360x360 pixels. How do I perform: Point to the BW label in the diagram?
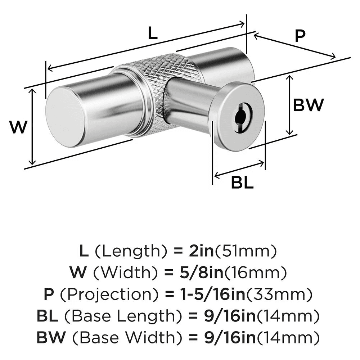309,105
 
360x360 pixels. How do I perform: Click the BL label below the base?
242,183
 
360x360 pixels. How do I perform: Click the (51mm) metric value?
246,251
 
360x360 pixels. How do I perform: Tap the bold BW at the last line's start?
50,338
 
